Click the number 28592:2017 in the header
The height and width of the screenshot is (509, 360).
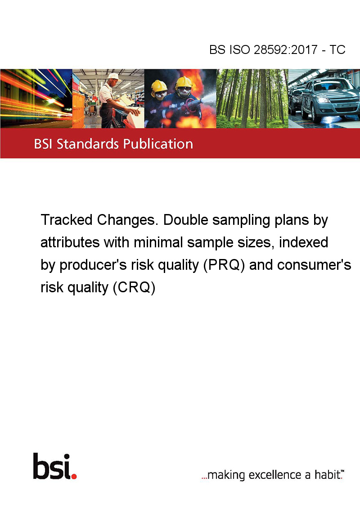pos(286,49)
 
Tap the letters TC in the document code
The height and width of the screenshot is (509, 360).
pos(337,49)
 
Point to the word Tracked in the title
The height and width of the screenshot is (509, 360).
pos(67,220)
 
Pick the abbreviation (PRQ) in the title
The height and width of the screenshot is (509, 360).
pos(224,265)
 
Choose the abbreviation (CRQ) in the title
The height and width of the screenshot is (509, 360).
pos(134,288)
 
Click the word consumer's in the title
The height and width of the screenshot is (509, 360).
pos(314,265)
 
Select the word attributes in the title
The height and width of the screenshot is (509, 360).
pos(70,242)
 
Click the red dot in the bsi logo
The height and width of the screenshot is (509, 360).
pos(74,476)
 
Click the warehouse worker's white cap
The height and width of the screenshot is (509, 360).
pos(114,76)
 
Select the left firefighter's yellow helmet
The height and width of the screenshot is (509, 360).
pos(159,85)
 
